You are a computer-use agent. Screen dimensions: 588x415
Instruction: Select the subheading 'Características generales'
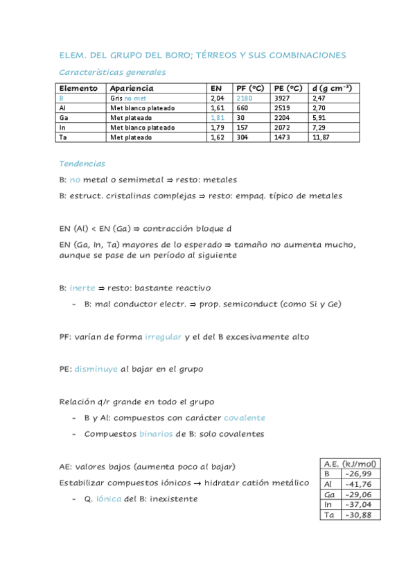[x=112, y=72]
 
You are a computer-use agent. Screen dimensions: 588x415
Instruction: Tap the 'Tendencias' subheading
[x=82, y=164]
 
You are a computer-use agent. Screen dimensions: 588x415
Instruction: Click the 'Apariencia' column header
[x=132, y=89]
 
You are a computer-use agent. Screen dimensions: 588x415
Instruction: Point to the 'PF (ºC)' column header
[x=250, y=89]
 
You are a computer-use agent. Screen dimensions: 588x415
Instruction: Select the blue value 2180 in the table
[x=245, y=98]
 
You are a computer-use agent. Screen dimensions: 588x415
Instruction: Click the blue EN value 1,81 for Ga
[x=218, y=118]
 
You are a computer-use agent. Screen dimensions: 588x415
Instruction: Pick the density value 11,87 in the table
[x=321, y=137]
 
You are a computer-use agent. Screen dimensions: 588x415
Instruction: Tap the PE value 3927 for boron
[x=281, y=98]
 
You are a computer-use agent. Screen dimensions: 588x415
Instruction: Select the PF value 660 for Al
[x=242, y=108]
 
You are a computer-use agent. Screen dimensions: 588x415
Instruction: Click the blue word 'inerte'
[x=82, y=288]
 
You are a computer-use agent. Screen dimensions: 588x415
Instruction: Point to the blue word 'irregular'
[x=164, y=336]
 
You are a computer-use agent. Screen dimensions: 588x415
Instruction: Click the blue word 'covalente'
[x=245, y=417]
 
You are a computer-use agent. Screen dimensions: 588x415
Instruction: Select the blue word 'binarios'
[x=156, y=434]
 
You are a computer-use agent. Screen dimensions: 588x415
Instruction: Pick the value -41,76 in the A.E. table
[x=357, y=484]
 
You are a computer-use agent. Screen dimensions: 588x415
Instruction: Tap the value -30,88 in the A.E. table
[x=357, y=514]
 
